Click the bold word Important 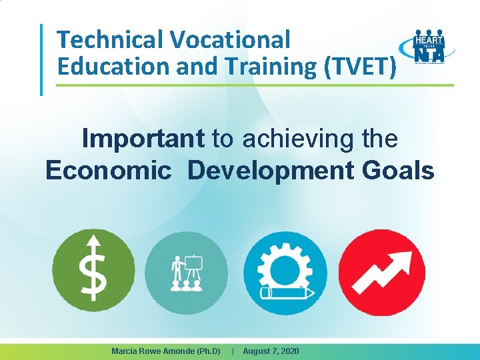click(x=143, y=139)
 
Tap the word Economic click(x=108, y=170)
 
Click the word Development click(x=271, y=170)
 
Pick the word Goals click(x=398, y=170)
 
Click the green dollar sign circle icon click(x=93, y=269)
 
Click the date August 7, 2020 click(x=271, y=351)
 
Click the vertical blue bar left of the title click(x=42, y=60)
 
